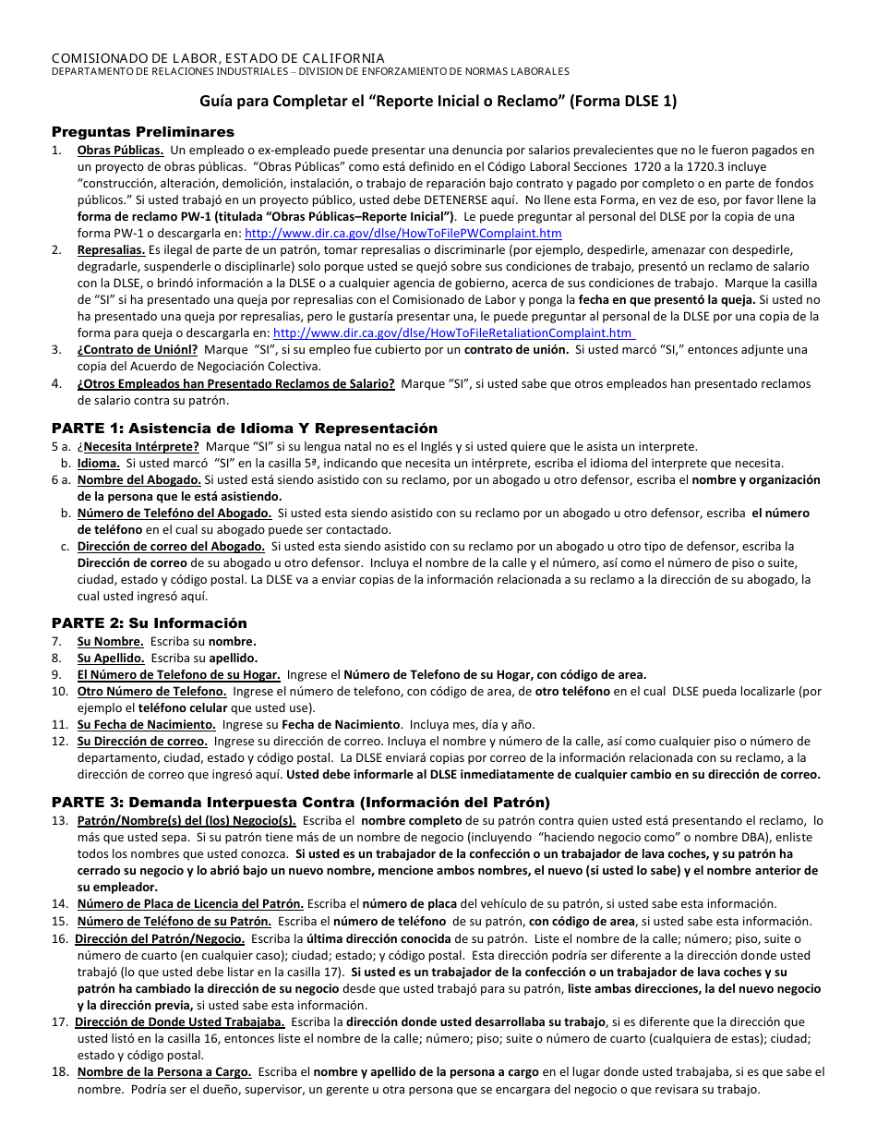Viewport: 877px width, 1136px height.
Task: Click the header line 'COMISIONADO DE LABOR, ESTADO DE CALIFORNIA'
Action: coord(218,58)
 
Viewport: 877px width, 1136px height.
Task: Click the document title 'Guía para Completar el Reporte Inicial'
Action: coord(438,102)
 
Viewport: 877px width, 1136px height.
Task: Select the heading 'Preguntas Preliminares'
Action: coord(143,132)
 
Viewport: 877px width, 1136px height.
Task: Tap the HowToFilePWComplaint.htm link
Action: coord(402,234)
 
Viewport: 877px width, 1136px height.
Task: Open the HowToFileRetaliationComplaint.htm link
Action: coord(453,333)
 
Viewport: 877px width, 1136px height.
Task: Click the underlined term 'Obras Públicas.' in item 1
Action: coord(120,151)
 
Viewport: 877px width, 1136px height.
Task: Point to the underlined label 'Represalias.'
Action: coord(111,250)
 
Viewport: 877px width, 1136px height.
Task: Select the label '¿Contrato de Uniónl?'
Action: coord(138,350)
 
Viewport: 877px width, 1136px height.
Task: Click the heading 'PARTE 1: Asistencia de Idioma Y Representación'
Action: coord(244,428)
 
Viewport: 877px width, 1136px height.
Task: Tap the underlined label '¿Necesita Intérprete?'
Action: coord(138,446)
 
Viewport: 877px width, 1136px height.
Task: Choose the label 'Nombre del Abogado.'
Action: coord(138,479)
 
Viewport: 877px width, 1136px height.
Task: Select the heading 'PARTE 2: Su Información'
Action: coord(149,623)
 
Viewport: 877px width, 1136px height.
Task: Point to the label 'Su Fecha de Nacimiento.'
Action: coord(146,724)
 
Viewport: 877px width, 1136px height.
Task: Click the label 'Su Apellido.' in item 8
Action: coord(111,658)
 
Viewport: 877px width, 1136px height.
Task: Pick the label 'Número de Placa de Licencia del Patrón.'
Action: coord(190,903)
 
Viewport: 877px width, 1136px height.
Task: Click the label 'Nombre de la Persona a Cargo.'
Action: coord(164,1071)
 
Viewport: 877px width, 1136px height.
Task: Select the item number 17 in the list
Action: coord(59,1021)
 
